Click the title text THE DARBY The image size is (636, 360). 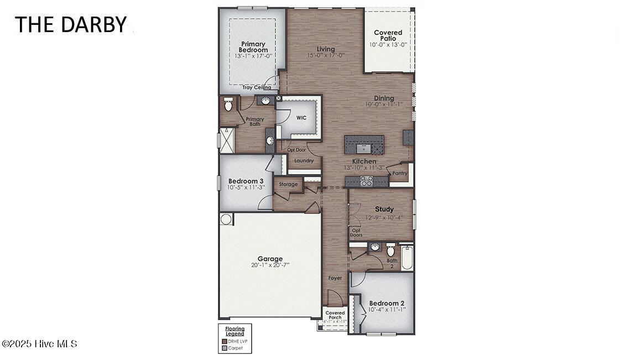tap(70, 24)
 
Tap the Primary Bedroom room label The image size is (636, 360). tap(253, 47)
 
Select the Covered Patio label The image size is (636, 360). tap(388, 35)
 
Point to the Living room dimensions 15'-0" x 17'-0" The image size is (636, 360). tap(326, 55)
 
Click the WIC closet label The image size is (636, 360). tap(301, 118)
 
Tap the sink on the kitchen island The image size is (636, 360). tap(363, 148)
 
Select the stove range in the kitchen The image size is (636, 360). tap(366, 180)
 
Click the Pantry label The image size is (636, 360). tap(399, 173)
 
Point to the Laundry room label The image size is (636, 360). tap(304, 161)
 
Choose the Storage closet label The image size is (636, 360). tap(288, 184)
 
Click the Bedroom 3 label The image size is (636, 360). tap(246, 181)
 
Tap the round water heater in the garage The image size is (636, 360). tap(226, 220)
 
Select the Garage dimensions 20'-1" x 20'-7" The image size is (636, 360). tap(270, 265)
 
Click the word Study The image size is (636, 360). tap(384, 209)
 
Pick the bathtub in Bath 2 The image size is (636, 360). tap(407, 257)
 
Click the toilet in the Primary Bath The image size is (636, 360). tap(228, 104)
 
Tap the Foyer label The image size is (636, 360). tap(335, 278)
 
